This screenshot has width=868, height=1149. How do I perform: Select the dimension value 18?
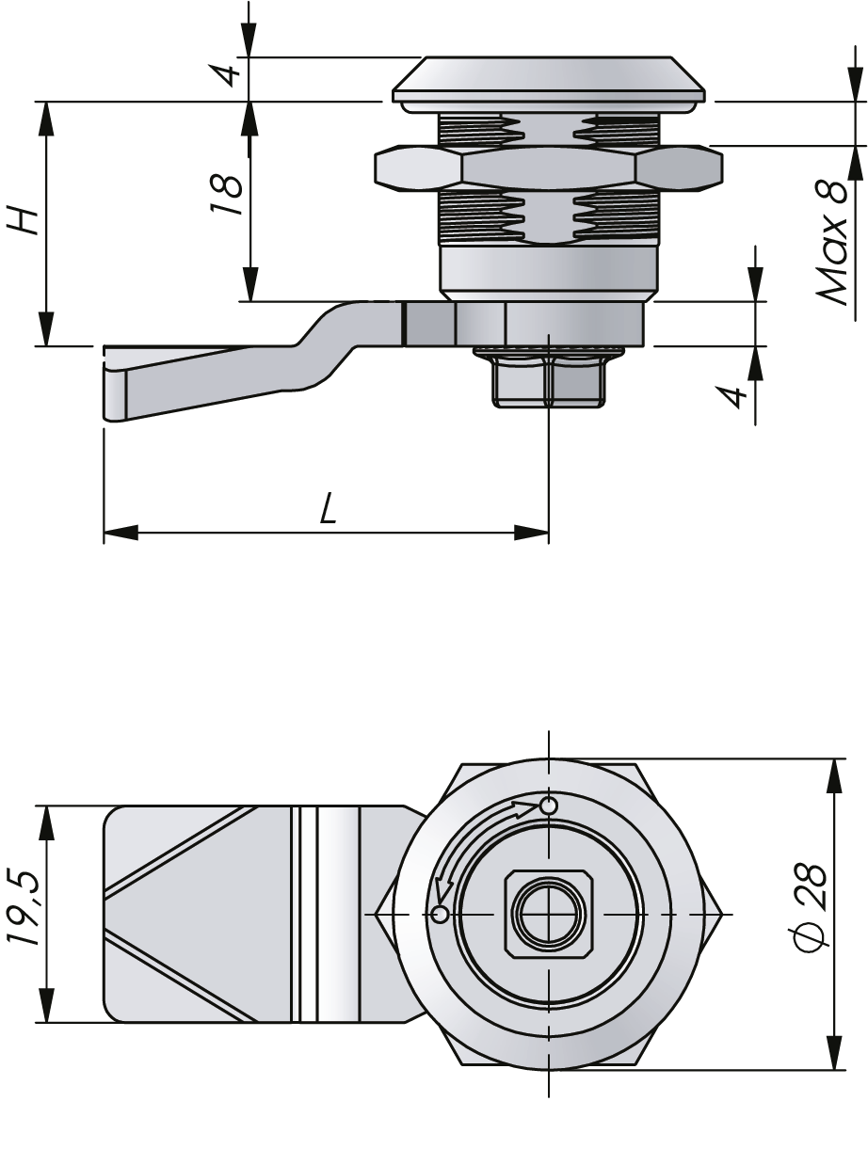pos(227,196)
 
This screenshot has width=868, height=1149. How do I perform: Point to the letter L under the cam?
pos(327,510)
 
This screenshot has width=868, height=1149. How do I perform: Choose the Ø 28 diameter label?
pos(812,907)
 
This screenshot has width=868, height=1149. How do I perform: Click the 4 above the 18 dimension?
pos(227,72)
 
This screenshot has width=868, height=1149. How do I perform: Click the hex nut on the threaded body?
pos(549,168)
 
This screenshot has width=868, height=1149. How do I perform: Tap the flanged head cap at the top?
pos(549,79)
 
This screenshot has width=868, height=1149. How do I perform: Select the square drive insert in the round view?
pos(548,914)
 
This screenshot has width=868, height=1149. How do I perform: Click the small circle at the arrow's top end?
pos(550,806)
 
